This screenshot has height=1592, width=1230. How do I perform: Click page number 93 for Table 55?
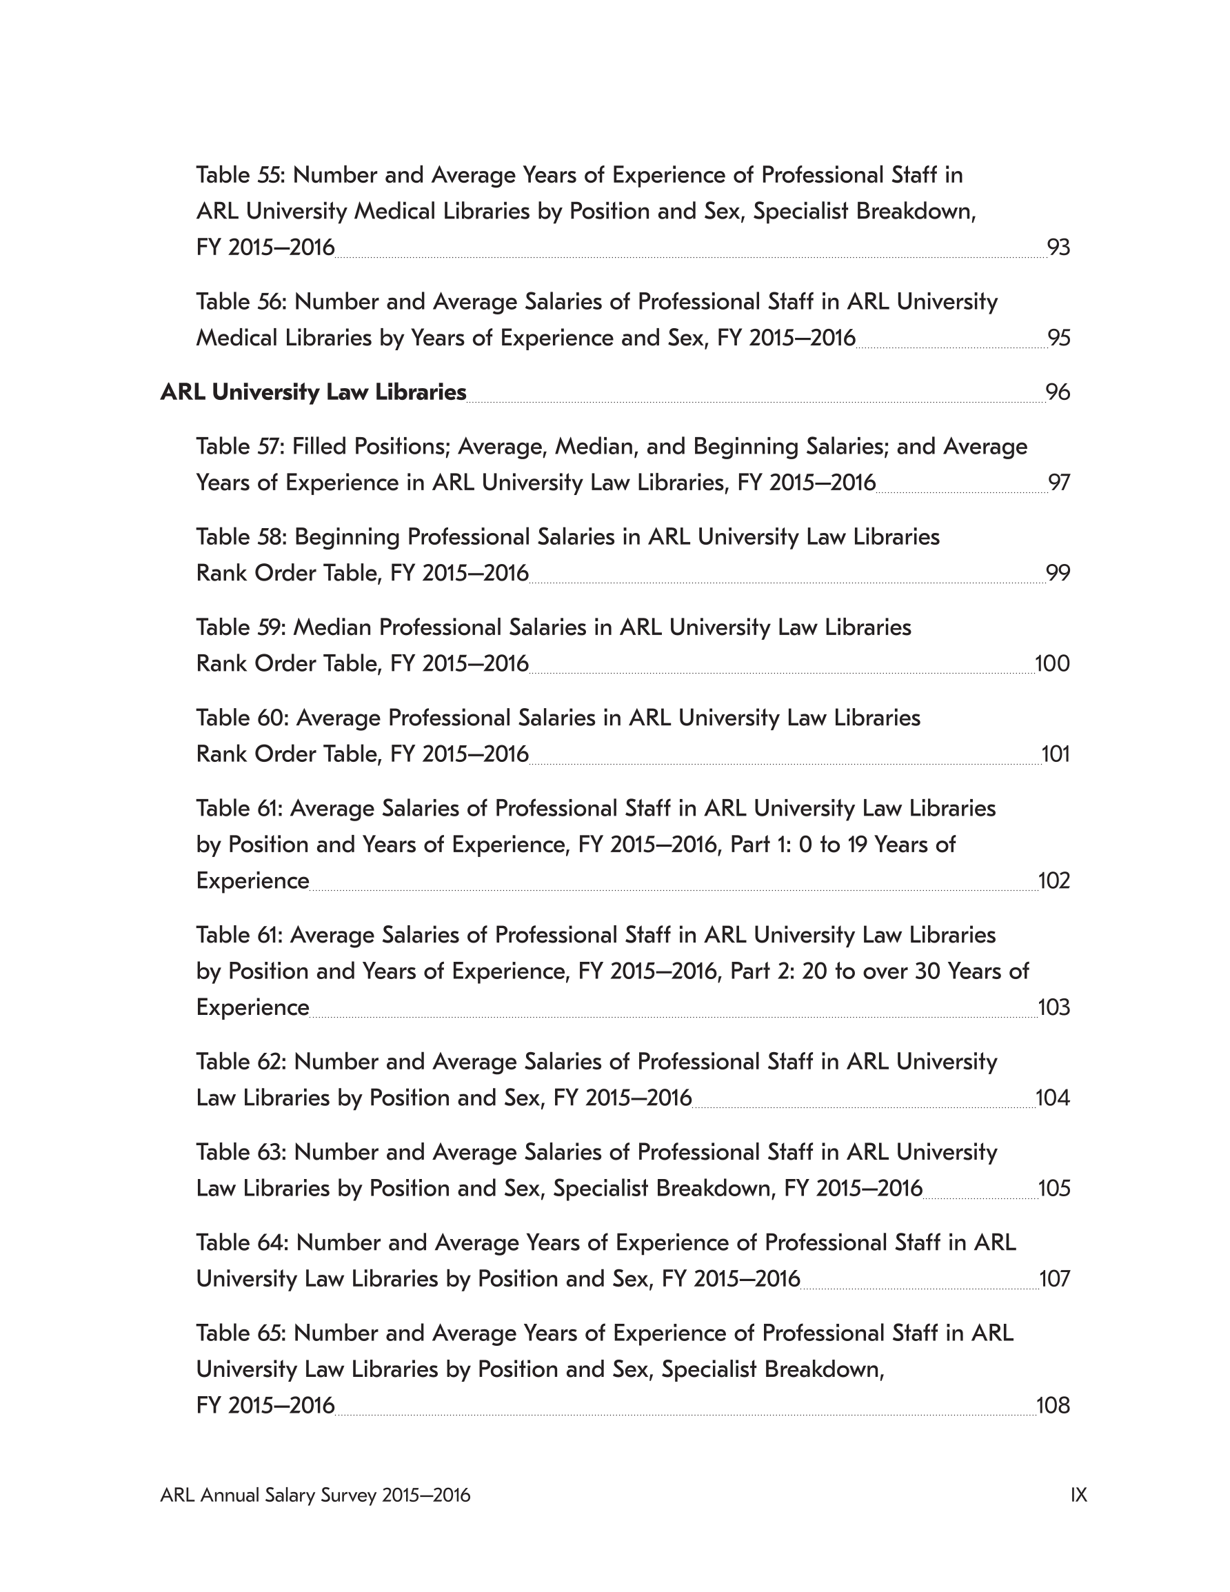(x=1058, y=248)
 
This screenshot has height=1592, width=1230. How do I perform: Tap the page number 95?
(x=1058, y=339)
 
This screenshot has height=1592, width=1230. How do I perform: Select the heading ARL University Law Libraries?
(x=313, y=392)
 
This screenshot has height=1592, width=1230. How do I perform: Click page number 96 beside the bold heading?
(x=1057, y=392)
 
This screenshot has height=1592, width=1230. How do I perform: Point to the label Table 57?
(x=240, y=446)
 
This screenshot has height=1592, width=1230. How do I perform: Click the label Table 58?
(x=241, y=536)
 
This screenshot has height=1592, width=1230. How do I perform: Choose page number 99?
(x=1058, y=573)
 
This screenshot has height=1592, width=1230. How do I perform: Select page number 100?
(x=1052, y=663)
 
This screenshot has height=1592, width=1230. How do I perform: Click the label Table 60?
(x=242, y=718)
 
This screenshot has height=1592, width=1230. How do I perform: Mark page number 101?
(x=1056, y=754)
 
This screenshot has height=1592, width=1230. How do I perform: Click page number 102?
(x=1053, y=880)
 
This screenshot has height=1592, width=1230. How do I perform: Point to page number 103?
(x=1053, y=1007)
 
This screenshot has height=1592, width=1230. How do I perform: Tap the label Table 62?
(x=241, y=1061)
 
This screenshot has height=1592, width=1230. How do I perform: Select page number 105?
(x=1053, y=1188)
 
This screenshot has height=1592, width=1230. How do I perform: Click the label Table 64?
(x=242, y=1242)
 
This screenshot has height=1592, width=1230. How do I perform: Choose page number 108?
(x=1053, y=1405)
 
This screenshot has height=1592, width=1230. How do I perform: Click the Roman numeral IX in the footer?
(x=1078, y=1495)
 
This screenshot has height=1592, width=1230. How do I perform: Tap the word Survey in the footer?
(x=347, y=1495)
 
